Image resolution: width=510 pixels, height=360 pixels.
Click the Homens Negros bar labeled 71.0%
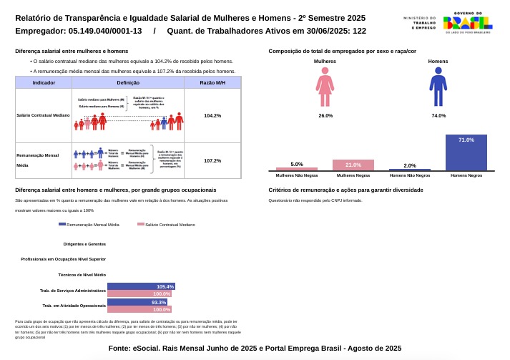[466, 152]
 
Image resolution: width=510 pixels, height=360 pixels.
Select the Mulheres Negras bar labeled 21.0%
[353, 165]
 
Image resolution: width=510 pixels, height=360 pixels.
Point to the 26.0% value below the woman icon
[325, 115]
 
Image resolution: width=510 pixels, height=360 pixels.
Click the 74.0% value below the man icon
[438, 115]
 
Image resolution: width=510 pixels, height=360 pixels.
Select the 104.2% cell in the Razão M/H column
[212, 115]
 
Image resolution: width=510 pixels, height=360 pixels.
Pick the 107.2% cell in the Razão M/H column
[212, 160]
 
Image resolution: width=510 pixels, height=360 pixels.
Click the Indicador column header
[44, 83]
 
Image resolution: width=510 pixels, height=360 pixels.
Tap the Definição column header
[127, 83]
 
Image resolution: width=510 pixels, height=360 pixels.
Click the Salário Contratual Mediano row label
[43, 115]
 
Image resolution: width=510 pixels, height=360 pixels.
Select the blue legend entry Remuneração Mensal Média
[89, 224]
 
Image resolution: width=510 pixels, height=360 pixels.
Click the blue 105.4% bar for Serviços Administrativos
[141, 286]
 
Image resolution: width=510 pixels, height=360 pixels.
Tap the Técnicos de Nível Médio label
[82, 274]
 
